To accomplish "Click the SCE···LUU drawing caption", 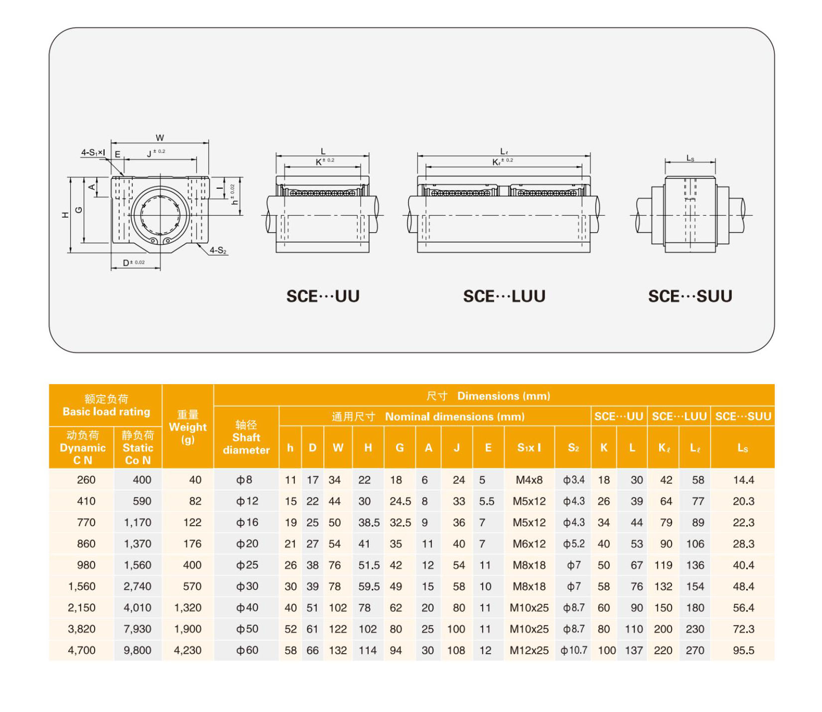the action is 504,296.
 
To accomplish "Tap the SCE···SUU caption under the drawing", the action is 689,296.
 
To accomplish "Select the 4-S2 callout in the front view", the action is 218,250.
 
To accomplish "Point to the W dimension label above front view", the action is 160,138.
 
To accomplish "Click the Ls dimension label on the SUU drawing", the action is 690,158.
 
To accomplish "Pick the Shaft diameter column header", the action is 246,437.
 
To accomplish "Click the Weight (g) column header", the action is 188,427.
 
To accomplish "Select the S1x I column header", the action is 529,448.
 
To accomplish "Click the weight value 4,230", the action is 188,650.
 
